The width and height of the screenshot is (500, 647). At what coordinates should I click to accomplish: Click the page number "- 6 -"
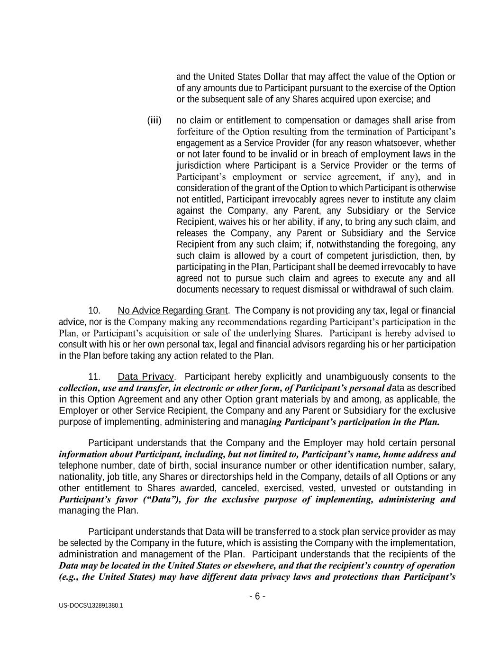pyautogui.click(x=257, y=596)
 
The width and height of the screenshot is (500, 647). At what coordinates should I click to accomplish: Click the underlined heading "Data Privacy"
pyautogui.click(x=146, y=377)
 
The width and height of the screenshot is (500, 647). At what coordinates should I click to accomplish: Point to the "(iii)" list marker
pyautogui.click(x=155, y=120)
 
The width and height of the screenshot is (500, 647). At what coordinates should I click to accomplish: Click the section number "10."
pyautogui.click(x=94, y=310)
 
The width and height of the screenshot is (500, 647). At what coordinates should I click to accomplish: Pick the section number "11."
pyautogui.click(x=94, y=377)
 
